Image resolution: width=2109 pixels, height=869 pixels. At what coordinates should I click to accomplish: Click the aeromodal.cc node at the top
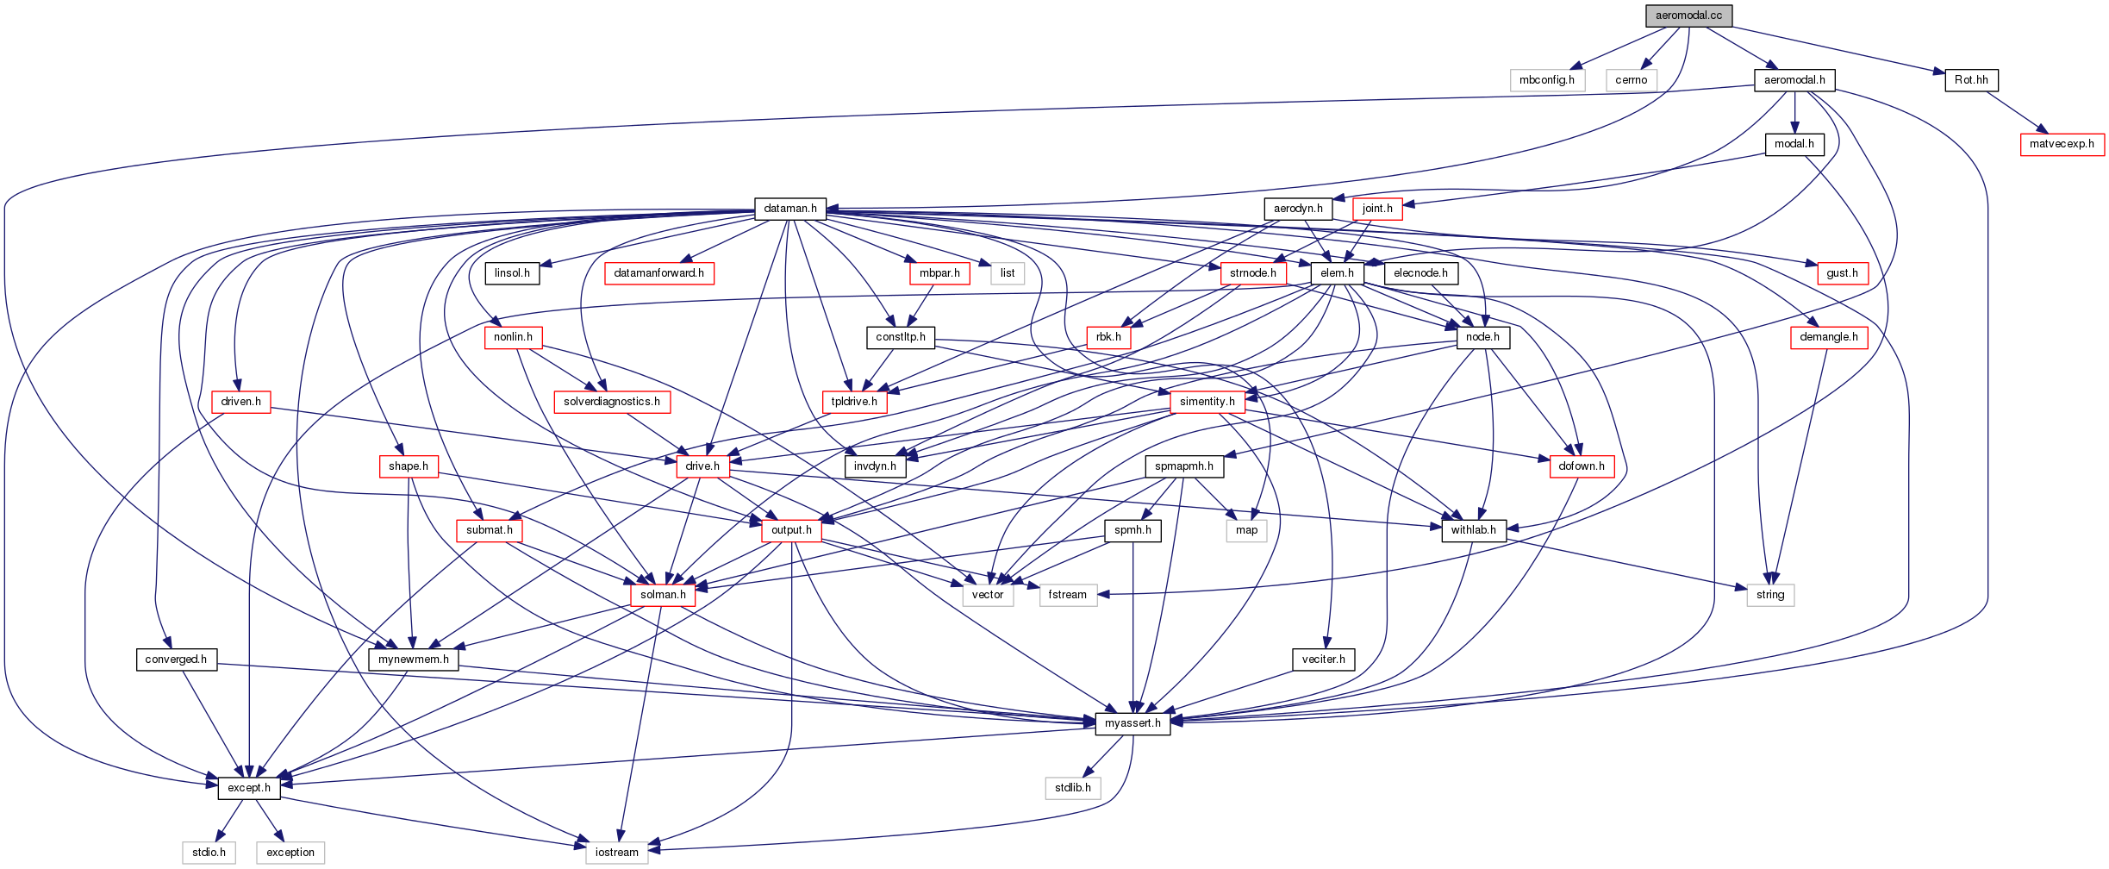pyautogui.click(x=1688, y=16)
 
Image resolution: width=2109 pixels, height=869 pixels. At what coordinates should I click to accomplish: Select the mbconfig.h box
pyautogui.click(x=1546, y=80)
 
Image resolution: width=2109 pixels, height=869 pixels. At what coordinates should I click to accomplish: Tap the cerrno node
pyautogui.click(x=1631, y=80)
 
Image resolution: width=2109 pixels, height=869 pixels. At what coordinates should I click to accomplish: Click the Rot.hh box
pyautogui.click(x=1971, y=80)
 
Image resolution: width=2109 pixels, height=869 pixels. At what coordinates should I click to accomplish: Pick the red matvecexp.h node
pyautogui.click(x=2061, y=144)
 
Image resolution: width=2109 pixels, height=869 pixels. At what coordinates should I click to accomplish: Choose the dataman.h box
pyautogui.click(x=789, y=209)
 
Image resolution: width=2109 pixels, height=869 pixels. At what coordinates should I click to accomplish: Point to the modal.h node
pyautogui.click(x=1794, y=144)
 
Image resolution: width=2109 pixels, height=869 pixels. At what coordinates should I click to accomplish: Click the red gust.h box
pyautogui.click(x=1842, y=273)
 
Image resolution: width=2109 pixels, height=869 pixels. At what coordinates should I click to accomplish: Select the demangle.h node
pyautogui.click(x=1828, y=337)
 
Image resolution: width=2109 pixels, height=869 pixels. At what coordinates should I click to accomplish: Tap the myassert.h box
pyautogui.click(x=1132, y=723)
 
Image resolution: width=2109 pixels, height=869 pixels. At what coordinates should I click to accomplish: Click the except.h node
pyautogui.click(x=248, y=788)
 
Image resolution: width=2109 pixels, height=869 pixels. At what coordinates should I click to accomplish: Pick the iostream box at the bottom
pyautogui.click(x=616, y=853)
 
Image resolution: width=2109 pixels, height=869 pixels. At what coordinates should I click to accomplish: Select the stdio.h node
pyautogui.click(x=209, y=853)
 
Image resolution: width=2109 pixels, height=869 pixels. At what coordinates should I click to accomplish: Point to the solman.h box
pyautogui.click(x=663, y=595)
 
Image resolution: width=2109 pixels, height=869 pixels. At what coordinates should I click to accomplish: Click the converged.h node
pyautogui.click(x=176, y=660)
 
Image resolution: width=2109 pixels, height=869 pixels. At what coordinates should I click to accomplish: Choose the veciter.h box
pyautogui.click(x=1323, y=660)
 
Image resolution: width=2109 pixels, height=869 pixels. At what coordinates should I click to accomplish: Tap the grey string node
pyautogui.click(x=1769, y=595)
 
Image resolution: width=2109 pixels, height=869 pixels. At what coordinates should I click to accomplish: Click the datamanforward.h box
pyautogui.click(x=658, y=273)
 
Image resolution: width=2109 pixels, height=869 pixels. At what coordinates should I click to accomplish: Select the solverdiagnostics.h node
pyautogui.click(x=611, y=402)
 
